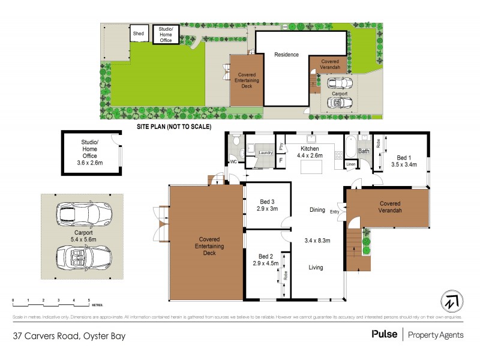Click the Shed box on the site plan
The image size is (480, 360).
139,34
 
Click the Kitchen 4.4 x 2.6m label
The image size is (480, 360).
310,152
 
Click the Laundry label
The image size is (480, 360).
265,153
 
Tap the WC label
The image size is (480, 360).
233,161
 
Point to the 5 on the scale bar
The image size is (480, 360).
89,299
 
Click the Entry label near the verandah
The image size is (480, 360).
334,211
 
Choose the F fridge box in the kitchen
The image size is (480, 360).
281,160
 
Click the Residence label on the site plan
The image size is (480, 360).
286,55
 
